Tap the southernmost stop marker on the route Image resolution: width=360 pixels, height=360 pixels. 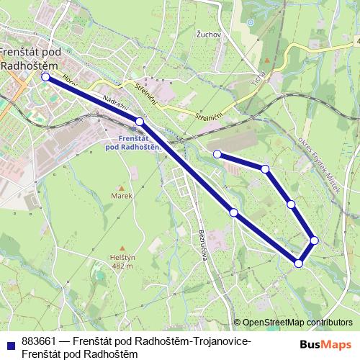coord(299,264)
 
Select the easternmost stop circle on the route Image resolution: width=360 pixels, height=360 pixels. coord(315,240)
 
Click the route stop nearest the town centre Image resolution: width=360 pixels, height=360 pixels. coord(45,76)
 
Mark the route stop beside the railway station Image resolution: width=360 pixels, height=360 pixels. coord(140,122)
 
